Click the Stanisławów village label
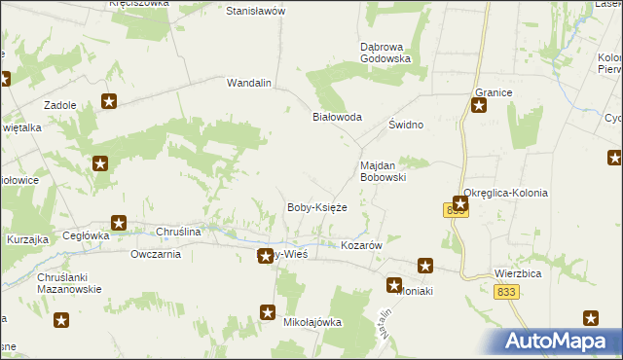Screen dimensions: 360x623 (254, 11)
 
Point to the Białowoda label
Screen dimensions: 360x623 (336, 117)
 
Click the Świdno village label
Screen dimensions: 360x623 (406, 126)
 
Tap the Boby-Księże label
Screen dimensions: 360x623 (316, 207)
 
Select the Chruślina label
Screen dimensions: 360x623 (178, 232)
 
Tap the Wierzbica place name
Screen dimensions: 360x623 (517, 274)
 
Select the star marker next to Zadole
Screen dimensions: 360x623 (109, 101)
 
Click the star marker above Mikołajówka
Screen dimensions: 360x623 (268, 311)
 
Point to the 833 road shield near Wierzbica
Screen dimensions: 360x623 (505, 292)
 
